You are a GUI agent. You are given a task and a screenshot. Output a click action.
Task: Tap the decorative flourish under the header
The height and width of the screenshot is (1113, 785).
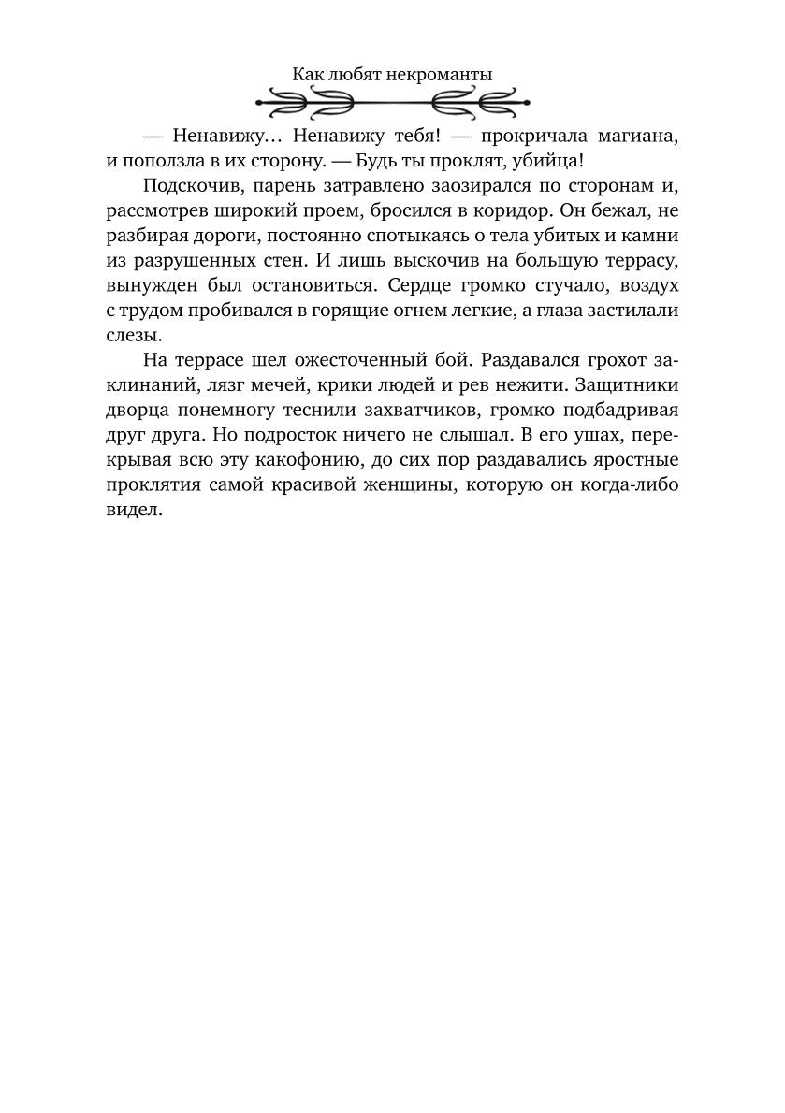pos(392,100)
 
